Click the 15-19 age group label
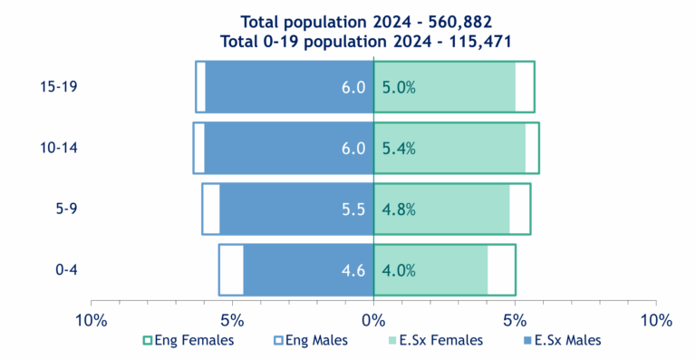(x=59, y=87)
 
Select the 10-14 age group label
(x=59, y=148)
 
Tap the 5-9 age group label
(x=65, y=209)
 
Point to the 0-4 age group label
(x=65, y=269)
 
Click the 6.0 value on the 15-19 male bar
(x=353, y=88)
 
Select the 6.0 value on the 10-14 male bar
(x=353, y=149)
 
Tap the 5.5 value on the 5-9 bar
(x=353, y=209)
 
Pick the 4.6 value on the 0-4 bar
(x=353, y=270)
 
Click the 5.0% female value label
(x=399, y=88)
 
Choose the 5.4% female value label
(x=399, y=149)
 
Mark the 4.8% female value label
(x=399, y=209)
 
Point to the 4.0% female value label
(x=399, y=270)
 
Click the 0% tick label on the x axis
(x=373, y=320)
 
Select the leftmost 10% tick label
(x=91, y=320)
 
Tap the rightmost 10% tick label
(x=655, y=320)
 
